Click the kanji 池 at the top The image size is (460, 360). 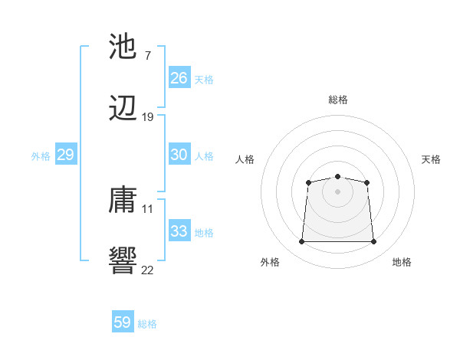click(123, 47)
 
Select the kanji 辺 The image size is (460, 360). click(123, 110)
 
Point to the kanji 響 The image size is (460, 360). click(123, 260)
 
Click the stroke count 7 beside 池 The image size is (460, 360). click(147, 55)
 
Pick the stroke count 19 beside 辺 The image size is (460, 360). click(147, 117)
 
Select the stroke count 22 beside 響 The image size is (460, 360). click(147, 269)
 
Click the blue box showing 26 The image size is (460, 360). click(179, 78)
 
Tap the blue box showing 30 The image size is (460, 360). click(179, 155)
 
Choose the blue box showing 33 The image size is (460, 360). click(179, 231)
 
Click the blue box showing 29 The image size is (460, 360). click(65, 155)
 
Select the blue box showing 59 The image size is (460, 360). click(122, 322)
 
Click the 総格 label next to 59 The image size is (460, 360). click(147, 324)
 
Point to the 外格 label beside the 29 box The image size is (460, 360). click(41, 156)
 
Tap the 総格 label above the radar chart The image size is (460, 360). click(338, 100)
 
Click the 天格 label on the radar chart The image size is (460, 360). click(432, 159)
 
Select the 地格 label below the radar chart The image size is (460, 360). click(402, 263)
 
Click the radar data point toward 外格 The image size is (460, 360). click(301, 242)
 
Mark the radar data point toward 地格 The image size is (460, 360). click(374, 242)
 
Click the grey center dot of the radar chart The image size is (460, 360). click(337, 191)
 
